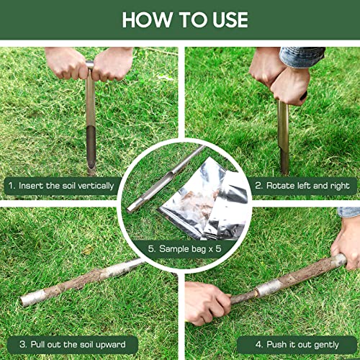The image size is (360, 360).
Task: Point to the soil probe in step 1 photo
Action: [x=90, y=122]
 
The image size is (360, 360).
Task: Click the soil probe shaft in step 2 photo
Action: [x=284, y=137]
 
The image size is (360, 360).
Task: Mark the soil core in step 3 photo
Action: [x=72, y=284]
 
